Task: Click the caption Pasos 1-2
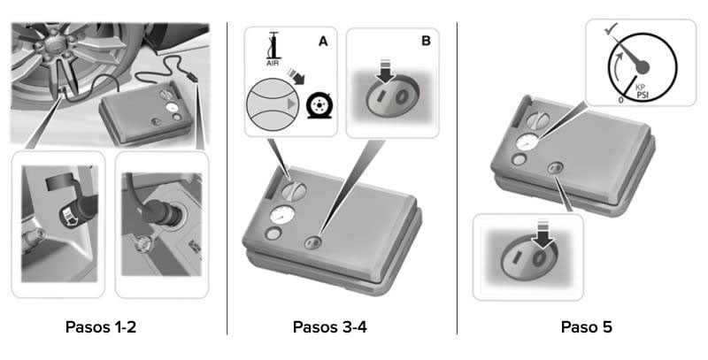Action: [x=100, y=327]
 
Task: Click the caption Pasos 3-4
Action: [x=329, y=327]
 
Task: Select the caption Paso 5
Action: [x=586, y=327]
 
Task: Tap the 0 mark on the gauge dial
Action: [x=620, y=100]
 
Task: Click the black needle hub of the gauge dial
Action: [x=643, y=66]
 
